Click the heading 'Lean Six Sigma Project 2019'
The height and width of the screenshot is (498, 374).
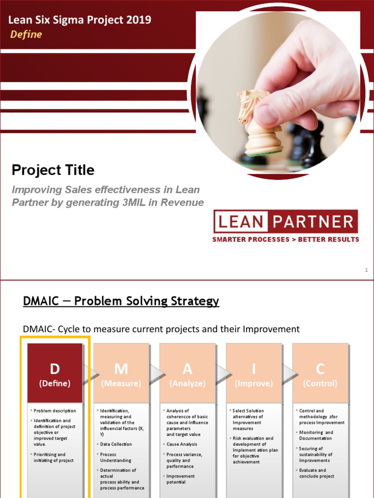click(79, 20)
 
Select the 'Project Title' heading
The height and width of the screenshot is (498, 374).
click(53, 170)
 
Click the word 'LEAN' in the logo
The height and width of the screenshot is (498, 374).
click(241, 222)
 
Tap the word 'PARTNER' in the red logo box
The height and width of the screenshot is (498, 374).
click(313, 222)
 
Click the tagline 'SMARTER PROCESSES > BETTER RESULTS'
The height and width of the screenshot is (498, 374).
click(285, 239)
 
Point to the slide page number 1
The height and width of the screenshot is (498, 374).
click(366, 270)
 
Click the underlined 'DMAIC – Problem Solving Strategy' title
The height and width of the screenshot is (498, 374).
click(121, 302)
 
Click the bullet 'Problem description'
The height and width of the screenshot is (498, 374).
click(55, 411)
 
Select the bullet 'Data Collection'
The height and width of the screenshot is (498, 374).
click(116, 444)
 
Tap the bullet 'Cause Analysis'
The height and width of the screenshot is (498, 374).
click(182, 444)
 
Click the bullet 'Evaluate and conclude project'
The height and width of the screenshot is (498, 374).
click(317, 473)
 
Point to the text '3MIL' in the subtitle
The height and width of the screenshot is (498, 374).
click(139, 203)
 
